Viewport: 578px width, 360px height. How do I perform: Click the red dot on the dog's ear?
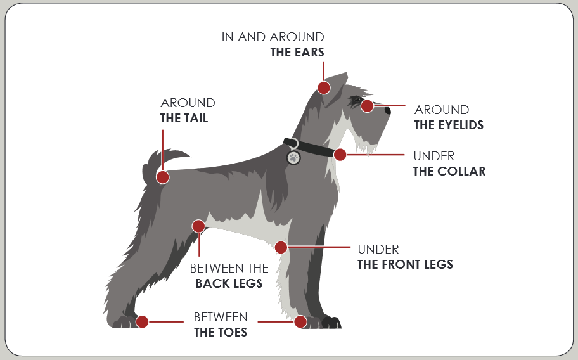(324, 87)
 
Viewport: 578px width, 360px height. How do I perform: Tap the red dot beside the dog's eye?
(367, 106)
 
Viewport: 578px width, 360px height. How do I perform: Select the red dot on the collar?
(340, 154)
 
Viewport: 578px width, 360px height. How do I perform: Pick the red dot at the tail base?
(163, 177)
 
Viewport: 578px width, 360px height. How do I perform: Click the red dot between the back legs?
(198, 226)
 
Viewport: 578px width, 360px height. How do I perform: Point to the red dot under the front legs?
(281, 247)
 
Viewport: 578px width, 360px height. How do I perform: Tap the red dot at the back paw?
(142, 321)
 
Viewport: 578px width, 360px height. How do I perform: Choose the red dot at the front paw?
(300, 321)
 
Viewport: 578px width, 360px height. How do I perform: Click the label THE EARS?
(297, 53)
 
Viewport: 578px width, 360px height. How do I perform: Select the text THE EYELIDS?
(449, 125)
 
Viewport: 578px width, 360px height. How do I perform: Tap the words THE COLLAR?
(449, 171)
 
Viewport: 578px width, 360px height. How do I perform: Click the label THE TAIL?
(184, 119)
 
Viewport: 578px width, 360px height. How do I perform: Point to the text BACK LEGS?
(229, 284)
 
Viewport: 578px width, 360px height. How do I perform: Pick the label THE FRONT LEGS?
(405, 265)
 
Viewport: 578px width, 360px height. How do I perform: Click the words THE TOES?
(221, 332)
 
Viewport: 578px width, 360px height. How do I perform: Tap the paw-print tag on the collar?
(293, 157)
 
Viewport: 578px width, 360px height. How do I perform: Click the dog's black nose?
(388, 110)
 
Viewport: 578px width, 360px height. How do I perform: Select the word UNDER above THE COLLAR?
(433, 156)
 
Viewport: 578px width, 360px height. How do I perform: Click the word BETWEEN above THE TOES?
(221, 317)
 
